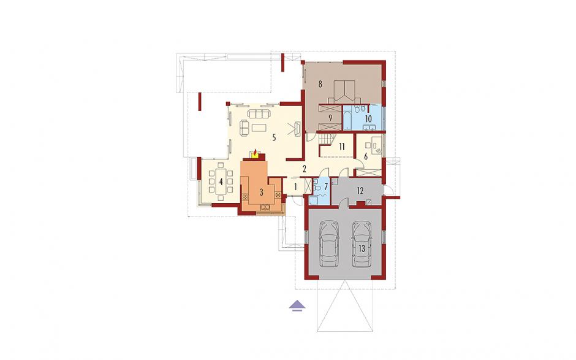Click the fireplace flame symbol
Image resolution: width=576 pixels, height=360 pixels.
tap(255, 153)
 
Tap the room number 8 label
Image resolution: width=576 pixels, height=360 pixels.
tap(320, 85)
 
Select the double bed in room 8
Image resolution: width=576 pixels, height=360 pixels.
tap(344, 92)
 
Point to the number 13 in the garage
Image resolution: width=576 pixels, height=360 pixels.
tap(362, 249)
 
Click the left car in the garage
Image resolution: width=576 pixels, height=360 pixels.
tap(329, 244)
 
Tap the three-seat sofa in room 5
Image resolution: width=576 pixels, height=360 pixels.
tap(259, 113)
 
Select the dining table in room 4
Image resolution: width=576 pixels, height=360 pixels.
tap(221, 182)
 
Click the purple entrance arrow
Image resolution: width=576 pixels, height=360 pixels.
tap(297, 305)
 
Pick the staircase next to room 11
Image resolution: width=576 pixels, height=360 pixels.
tap(326, 139)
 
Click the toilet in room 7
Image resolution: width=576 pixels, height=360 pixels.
tap(317, 188)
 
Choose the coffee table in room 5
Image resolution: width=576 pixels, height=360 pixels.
tap(260, 128)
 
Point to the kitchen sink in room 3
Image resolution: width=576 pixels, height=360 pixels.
tap(265, 208)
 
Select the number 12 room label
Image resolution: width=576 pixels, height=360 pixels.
tap(360, 191)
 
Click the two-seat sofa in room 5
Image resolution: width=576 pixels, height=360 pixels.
tap(244, 128)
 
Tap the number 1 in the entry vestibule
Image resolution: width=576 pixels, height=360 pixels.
tap(295, 186)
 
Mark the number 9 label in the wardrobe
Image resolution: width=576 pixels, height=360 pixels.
tap(330, 118)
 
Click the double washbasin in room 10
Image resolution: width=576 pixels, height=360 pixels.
tap(369, 128)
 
